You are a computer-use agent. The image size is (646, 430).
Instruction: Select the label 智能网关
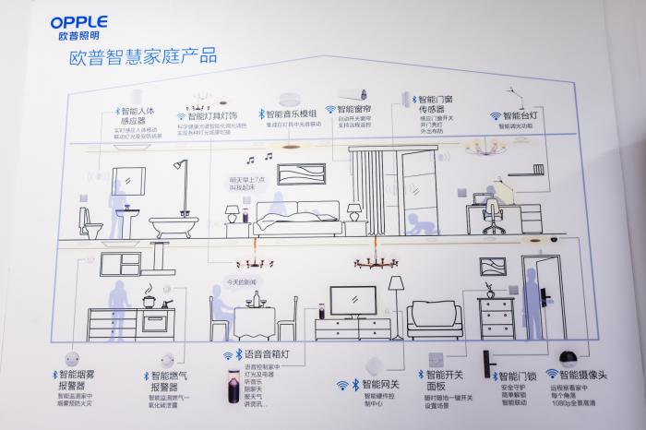click(x=380, y=383)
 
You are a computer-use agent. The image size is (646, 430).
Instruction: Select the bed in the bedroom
click(x=287, y=219)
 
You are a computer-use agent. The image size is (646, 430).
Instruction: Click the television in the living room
click(x=353, y=299)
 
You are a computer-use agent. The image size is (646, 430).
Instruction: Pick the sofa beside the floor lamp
click(x=434, y=318)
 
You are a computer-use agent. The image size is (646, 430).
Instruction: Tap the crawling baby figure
click(x=420, y=226)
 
